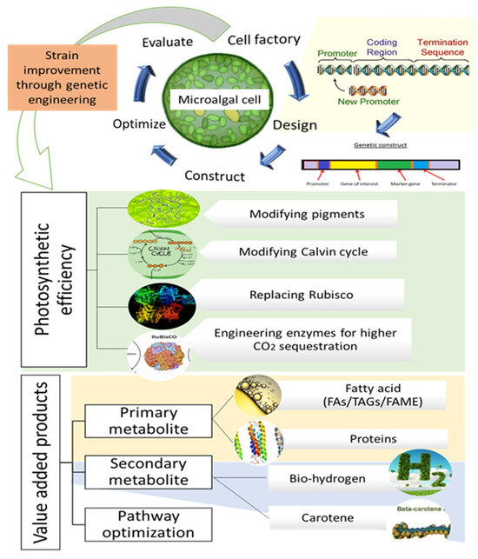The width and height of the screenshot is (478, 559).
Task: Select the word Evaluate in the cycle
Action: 174,41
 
